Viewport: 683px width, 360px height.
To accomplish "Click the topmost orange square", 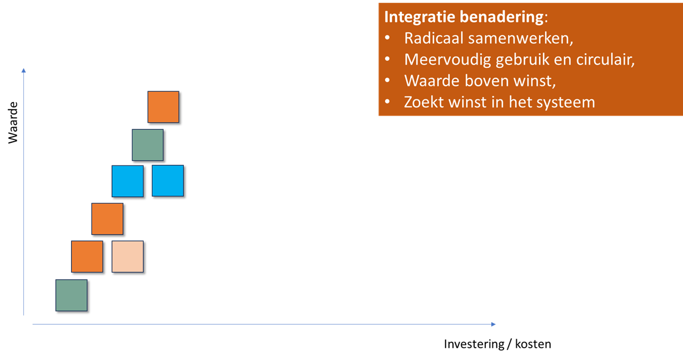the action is click(163, 107).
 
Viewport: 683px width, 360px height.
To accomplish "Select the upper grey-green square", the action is click(148, 145).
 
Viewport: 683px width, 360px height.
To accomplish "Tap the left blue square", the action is click(127, 181).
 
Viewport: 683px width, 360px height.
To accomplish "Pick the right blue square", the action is click(168, 181).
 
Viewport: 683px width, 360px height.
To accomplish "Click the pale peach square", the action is click(127, 256).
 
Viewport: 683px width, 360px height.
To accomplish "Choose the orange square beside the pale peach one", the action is click(87, 256).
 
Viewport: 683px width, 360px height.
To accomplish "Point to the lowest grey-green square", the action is click(71, 295).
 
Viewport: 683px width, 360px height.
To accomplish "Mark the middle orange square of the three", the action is click(107, 219).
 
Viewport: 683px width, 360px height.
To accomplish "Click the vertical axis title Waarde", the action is click(13, 123).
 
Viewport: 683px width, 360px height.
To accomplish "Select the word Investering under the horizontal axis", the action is click(474, 344).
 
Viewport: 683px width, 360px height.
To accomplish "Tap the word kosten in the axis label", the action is click(533, 343).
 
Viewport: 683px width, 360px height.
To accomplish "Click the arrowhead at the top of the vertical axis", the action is click(23, 71).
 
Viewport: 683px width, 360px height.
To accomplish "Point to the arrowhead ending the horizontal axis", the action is click(493, 324).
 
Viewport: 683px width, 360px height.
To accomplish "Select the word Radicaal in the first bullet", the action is click(434, 38).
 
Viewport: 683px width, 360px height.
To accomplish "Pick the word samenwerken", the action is click(521, 39).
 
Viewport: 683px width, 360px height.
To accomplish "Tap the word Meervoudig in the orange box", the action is click(447, 60).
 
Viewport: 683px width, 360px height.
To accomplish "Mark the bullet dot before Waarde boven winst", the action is click(387, 80).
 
